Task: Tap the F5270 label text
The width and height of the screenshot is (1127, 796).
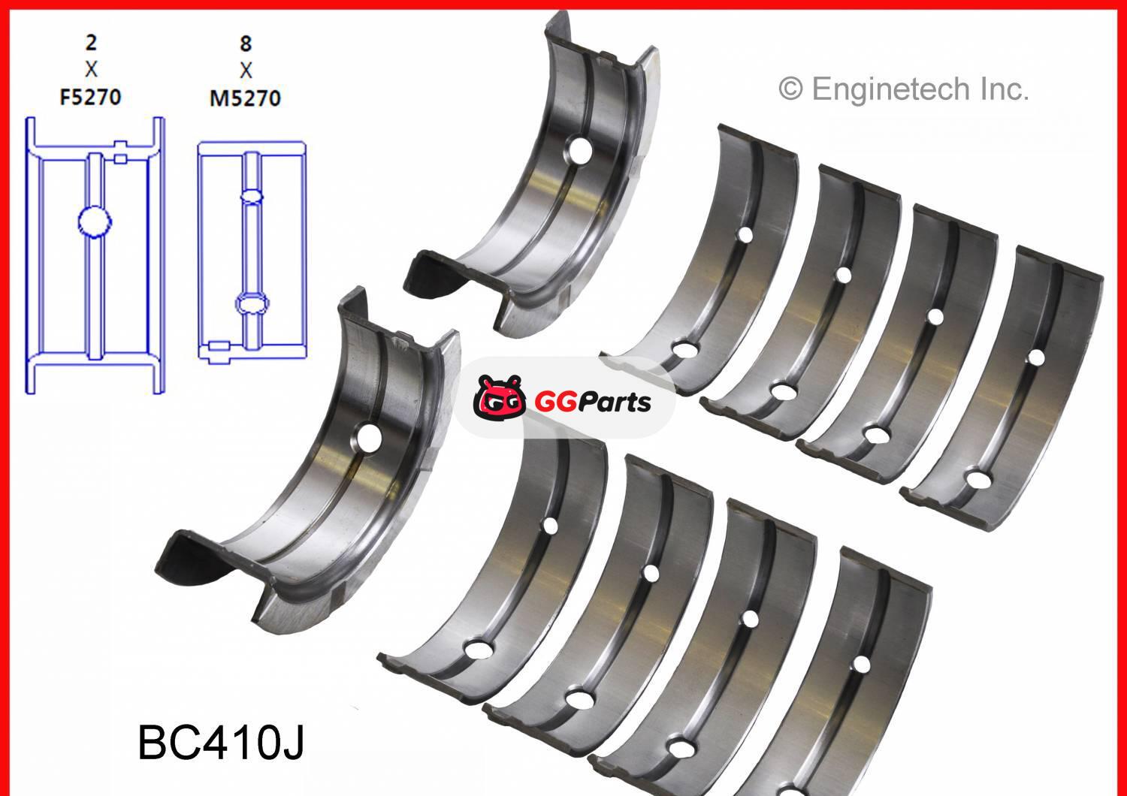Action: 90,98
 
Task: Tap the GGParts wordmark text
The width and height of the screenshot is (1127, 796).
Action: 592,402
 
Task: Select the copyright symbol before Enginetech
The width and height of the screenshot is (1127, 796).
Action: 790,90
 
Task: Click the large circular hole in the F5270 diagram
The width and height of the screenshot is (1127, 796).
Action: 95,221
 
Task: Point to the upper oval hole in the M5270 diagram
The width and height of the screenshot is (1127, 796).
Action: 251,196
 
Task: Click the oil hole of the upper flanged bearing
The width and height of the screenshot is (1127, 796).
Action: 579,150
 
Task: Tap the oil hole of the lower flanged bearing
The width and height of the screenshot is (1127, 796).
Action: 370,438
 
